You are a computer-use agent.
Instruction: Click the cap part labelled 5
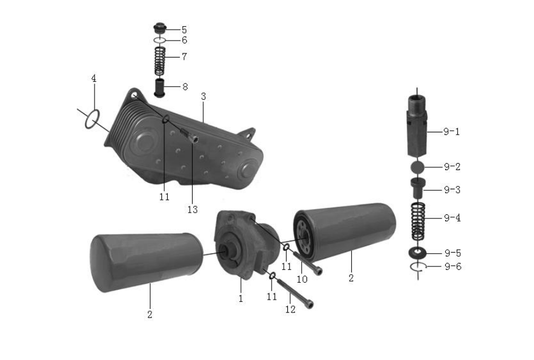160,28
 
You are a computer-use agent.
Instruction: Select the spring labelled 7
160,62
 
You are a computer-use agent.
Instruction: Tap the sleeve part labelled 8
160,88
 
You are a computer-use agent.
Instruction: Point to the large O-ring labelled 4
92,119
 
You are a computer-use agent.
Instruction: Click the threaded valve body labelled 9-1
417,126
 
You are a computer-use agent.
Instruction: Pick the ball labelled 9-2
417,167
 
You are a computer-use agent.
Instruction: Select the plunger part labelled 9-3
417,188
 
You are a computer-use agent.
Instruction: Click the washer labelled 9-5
417,253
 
